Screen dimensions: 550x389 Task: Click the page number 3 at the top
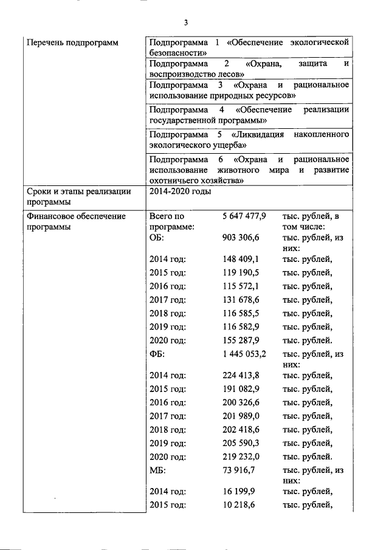[187, 22]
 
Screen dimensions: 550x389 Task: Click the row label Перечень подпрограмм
[72, 43]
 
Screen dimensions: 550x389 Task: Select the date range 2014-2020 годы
[181, 192]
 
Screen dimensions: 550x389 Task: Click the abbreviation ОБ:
[157, 238]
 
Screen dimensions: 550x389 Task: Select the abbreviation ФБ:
[157, 354]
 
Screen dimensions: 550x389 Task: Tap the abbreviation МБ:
[157, 470]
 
